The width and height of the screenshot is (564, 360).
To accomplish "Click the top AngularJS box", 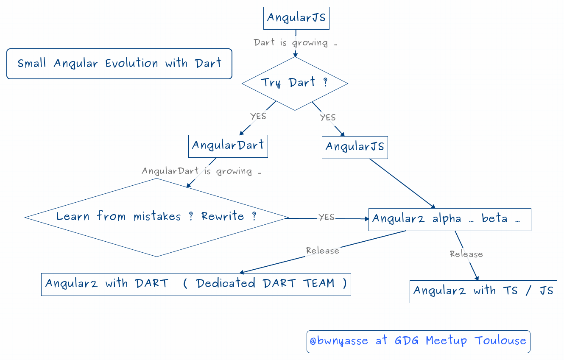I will point(296,18).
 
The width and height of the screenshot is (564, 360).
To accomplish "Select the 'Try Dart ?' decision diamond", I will point(295,83).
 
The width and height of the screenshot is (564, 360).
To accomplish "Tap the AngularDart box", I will point(228,146).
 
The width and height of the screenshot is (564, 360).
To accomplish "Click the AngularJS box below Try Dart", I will point(355,147).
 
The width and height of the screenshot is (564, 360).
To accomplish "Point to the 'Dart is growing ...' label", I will point(295,43).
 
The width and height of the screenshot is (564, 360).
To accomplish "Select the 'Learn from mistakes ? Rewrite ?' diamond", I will point(156,217).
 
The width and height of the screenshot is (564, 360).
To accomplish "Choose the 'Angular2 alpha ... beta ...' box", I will point(450,219).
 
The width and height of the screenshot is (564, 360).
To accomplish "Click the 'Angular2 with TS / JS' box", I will point(483,291).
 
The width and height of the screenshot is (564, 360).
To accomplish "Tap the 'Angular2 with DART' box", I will point(195,284).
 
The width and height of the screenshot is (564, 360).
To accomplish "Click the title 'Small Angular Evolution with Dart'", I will point(119,64).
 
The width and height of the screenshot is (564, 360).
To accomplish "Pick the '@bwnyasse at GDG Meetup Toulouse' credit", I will point(418,341).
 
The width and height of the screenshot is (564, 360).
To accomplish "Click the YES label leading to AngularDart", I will point(258,116).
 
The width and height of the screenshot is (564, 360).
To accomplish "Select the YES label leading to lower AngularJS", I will point(328,117).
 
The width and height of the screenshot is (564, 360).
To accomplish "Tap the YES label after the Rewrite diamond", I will point(327,217).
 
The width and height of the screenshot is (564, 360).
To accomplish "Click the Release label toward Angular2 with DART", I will point(323,251).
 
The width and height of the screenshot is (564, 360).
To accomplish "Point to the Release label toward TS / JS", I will point(466,254).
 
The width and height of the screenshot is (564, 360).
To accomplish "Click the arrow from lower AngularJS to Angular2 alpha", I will point(402,183).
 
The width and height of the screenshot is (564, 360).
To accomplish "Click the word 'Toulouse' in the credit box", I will point(500,341).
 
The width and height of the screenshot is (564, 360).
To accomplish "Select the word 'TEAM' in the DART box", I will point(319,283).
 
